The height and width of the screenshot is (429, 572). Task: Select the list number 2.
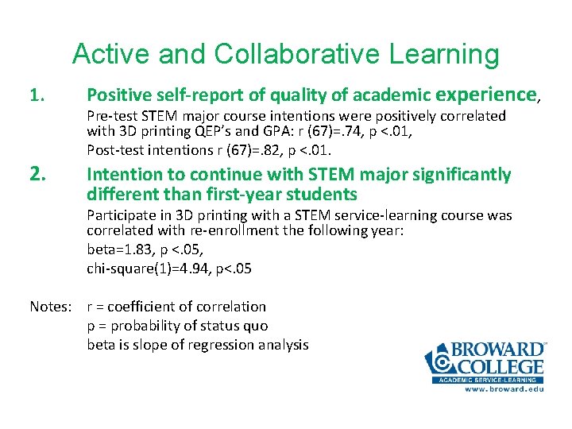click(37, 174)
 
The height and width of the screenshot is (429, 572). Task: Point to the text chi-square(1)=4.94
click(148, 269)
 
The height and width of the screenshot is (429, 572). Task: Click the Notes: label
click(52, 307)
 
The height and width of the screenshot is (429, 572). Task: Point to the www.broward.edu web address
click(504, 389)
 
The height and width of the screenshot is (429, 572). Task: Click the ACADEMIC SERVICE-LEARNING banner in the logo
click(487, 380)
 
